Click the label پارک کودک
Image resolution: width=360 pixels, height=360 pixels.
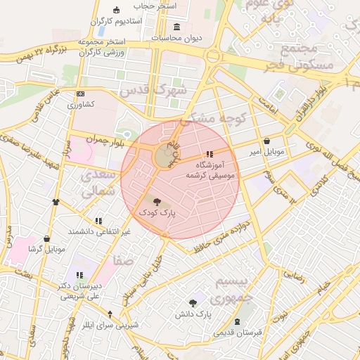point(156,211)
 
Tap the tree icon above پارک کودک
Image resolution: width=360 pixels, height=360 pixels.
point(156,201)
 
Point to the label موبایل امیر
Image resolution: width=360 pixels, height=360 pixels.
point(266,151)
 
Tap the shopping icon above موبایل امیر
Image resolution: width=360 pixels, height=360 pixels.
point(266,140)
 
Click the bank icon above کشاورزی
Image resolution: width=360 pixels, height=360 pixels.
point(81,94)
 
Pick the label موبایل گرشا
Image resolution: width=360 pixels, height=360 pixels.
point(46,249)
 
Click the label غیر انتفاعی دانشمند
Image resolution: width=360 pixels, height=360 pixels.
point(99,231)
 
